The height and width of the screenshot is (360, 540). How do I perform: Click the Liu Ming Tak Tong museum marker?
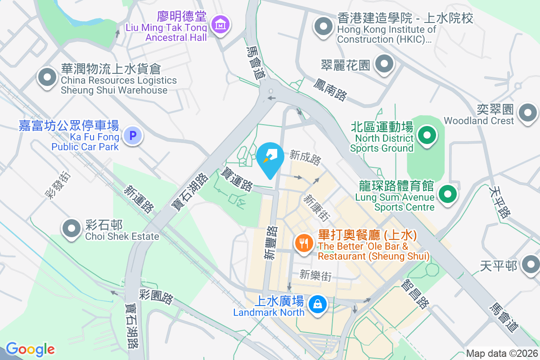pyautogui.click(x=220, y=24)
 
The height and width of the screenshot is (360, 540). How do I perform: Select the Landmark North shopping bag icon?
pyautogui.click(x=318, y=304)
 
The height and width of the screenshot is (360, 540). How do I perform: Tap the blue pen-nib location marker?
pyautogui.click(x=270, y=157)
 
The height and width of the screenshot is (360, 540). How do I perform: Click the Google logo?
pyautogui.click(x=30, y=349)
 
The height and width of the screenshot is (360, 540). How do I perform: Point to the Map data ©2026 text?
pyautogui.click(x=501, y=354)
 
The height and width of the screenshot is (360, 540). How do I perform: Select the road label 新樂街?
pyautogui.click(x=315, y=275)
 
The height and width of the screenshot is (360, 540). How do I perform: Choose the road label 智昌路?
pyautogui.click(x=414, y=295)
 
